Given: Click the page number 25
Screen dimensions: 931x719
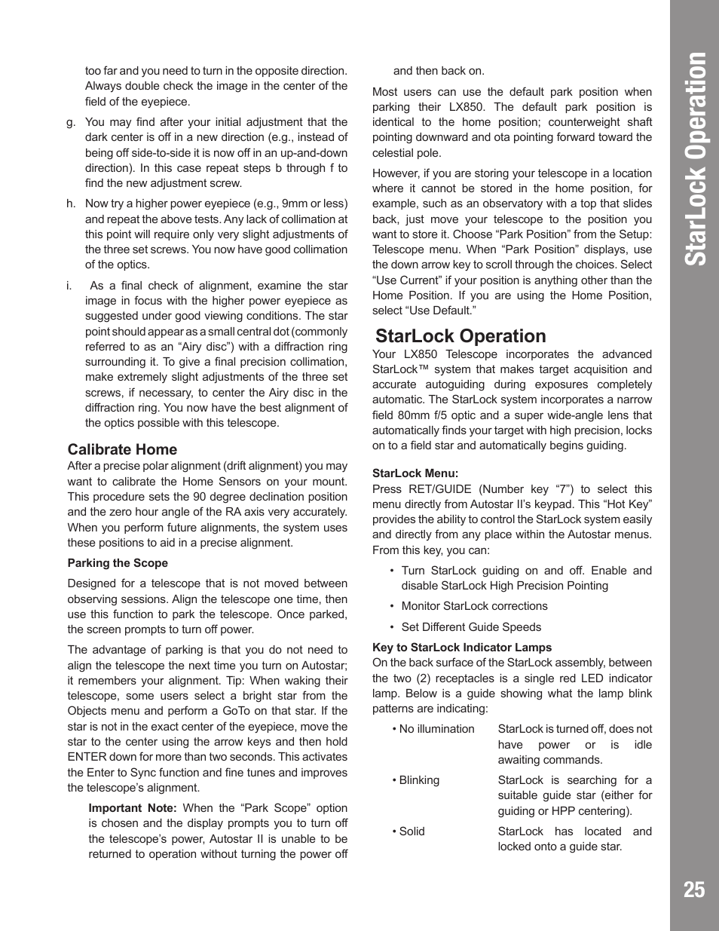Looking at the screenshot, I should tap(693, 890).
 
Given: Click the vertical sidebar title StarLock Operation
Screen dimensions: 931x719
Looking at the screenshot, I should tap(694, 159).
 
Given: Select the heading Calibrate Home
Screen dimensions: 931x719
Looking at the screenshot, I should tap(122, 449).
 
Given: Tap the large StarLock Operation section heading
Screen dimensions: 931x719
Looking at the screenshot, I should tap(460, 336).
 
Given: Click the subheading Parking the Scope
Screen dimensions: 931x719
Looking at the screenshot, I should tap(118, 563).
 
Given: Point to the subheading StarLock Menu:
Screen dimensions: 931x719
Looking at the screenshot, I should tap(415, 473).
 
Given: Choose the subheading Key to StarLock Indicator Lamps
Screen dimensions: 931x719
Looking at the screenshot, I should tap(461, 648).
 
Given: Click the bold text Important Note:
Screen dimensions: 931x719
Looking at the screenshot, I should tap(132, 808).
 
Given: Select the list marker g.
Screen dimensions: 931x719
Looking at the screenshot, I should tap(71, 122).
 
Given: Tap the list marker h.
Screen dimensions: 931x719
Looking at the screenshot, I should tap(71, 204).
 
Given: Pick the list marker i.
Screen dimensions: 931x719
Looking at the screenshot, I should tap(69, 286).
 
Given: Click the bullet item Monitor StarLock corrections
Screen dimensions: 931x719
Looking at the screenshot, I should tap(474, 606).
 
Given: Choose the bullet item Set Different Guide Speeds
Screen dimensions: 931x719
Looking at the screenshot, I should tap(471, 627).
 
